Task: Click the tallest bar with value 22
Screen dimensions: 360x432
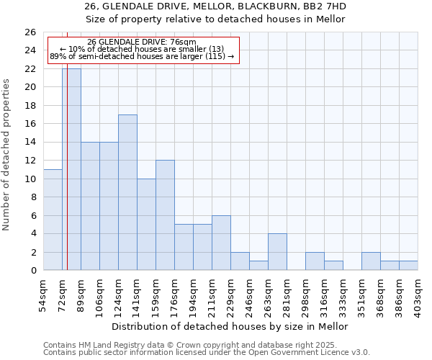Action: click(x=71, y=169)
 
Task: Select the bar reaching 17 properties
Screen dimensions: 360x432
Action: click(x=127, y=192)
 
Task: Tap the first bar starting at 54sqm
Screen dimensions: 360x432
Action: click(x=53, y=220)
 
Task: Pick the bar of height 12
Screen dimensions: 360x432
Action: click(x=165, y=215)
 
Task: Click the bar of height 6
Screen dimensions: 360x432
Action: click(x=221, y=243)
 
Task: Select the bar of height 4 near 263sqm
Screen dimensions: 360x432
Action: click(x=277, y=252)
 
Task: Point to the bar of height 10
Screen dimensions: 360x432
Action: click(x=146, y=225)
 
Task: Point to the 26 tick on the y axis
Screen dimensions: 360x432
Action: click(x=30, y=32)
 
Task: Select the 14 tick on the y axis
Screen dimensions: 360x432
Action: click(x=30, y=143)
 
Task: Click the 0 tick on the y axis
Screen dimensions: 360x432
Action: click(x=33, y=271)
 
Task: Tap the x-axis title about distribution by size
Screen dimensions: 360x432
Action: click(x=230, y=326)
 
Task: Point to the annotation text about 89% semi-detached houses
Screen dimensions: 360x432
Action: click(x=142, y=56)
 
